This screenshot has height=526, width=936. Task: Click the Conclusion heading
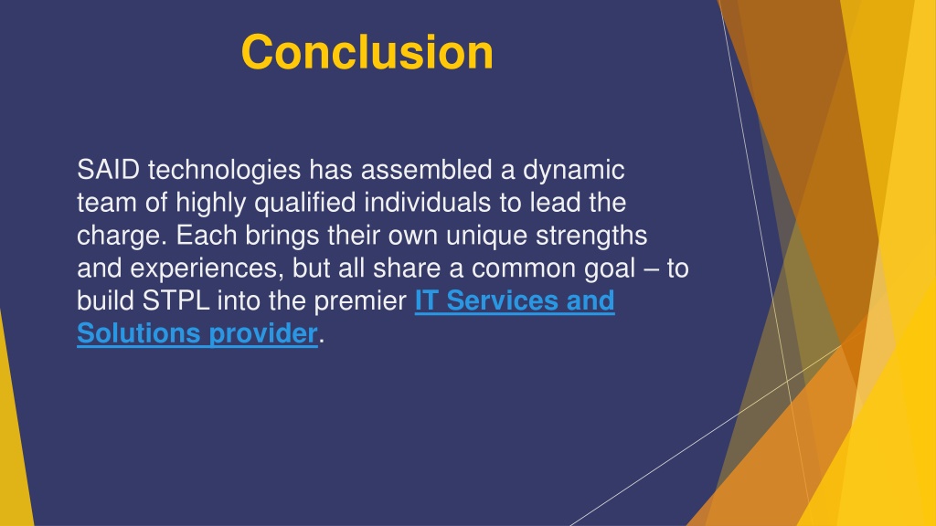[x=367, y=52]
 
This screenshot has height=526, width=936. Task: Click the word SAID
[x=108, y=170]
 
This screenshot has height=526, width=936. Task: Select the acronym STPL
[x=175, y=300]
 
